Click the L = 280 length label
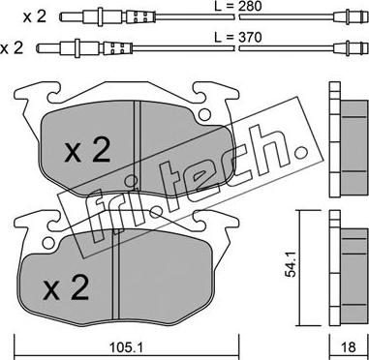click(237, 7)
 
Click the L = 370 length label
click(238, 38)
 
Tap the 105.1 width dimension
click(126, 347)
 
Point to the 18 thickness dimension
click(349, 347)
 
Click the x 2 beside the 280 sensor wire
click(35, 16)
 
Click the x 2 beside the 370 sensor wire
click(12, 48)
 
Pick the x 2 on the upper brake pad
click(87, 151)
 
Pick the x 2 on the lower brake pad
click(66, 288)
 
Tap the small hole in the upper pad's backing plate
click(204, 114)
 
